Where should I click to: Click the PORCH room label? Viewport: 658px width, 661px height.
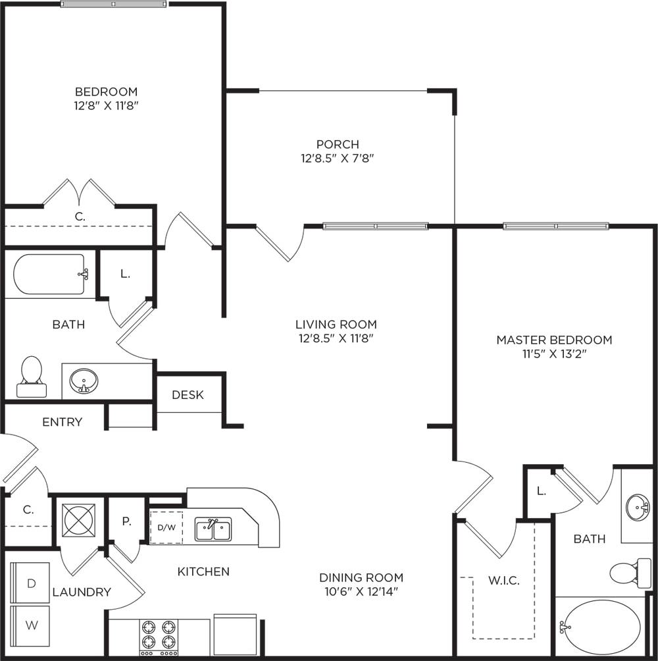point(338,144)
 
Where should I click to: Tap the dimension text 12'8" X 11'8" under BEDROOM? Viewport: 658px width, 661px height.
point(106,105)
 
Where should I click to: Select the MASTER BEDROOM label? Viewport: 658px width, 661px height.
point(554,340)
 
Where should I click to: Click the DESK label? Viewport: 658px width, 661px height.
point(188,395)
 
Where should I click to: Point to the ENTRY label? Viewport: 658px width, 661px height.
point(62,422)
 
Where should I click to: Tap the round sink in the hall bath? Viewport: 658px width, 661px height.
point(84,381)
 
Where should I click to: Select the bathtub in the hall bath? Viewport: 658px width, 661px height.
point(49,275)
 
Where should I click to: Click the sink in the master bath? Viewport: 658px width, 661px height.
point(637,507)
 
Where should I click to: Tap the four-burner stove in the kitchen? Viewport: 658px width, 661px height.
point(159,635)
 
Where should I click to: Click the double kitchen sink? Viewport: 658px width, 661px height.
point(213,529)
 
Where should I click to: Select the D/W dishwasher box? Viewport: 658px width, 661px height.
point(166,527)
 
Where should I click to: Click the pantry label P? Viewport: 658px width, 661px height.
point(126,521)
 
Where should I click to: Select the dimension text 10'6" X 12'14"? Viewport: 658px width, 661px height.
point(361,591)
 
